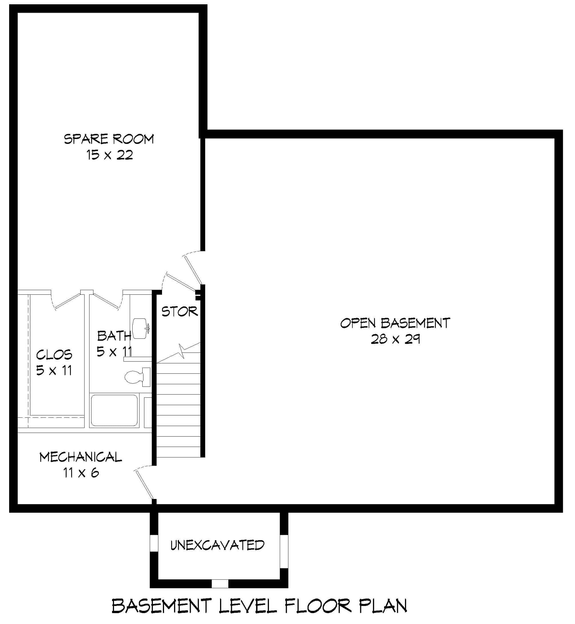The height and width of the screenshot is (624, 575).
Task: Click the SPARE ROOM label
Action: (109, 139)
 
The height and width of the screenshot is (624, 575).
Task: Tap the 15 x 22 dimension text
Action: (109, 155)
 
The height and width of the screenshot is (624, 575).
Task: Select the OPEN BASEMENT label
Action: (395, 323)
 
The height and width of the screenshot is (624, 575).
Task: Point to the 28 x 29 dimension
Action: (395, 339)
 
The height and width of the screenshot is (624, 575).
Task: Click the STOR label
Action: (179, 312)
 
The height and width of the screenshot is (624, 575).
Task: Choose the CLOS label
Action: (54, 355)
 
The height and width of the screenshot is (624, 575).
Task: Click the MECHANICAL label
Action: (81, 457)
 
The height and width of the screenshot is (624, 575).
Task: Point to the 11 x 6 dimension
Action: (81, 473)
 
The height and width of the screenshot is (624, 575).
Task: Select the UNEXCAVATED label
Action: (217, 545)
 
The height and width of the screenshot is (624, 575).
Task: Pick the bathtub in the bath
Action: (114, 411)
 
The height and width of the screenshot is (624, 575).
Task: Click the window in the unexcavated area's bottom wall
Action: (220, 583)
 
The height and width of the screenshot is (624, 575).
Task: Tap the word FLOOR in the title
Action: (318, 606)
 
